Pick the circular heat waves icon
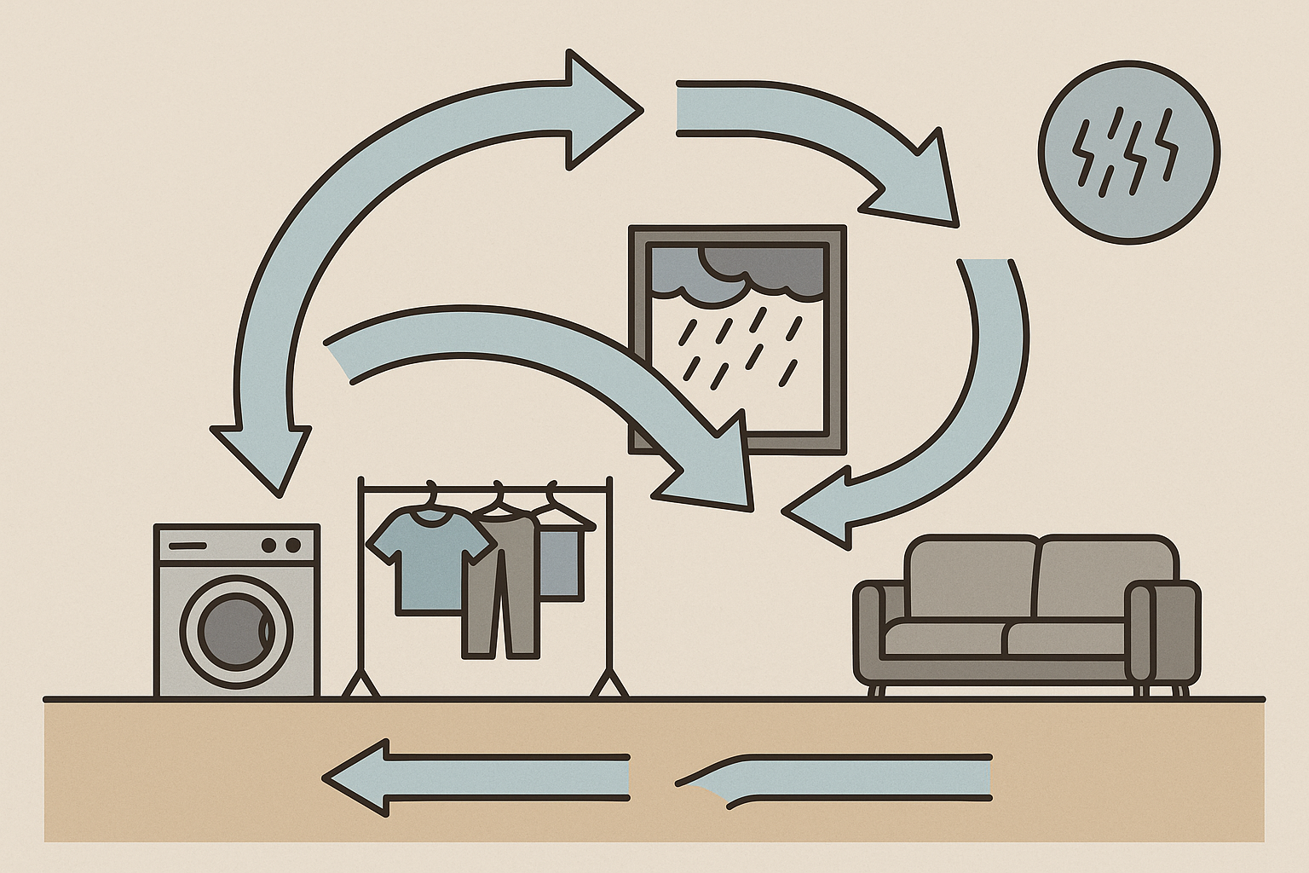tap(1128, 153)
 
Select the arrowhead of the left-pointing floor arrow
tap(358, 778)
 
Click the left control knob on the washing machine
tap(270, 545)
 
